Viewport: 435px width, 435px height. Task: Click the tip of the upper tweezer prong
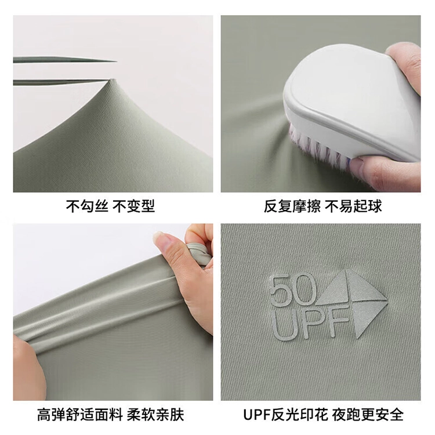click(x=116, y=61)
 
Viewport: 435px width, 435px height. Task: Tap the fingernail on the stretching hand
click(x=160, y=237)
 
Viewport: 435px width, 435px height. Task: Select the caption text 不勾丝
click(x=87, y=206)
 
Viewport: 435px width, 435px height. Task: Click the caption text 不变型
click(x=133, y=206)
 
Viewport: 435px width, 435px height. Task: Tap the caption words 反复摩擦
click(x=292, y=206)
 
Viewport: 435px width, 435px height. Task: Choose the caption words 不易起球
click(x=354, y=206)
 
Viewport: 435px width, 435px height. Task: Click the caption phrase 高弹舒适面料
click(x=80, y=415)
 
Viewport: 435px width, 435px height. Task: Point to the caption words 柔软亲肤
click(x=155, y=415)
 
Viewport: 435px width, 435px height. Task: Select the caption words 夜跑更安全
click(x=368, y=414)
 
